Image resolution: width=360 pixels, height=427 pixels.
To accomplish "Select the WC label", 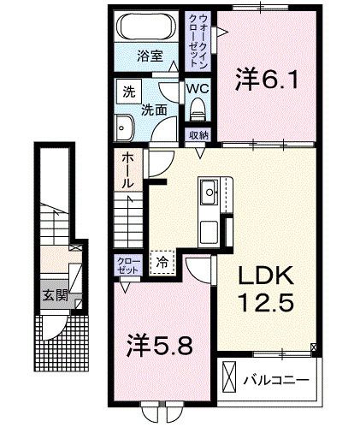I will [x=198, y=88].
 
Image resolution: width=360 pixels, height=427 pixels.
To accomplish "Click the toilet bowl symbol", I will [x=198, y=108].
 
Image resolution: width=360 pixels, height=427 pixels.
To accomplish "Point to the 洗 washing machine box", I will [x=127, y=92].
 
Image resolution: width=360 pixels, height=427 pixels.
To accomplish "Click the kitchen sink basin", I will [x=208, y=194].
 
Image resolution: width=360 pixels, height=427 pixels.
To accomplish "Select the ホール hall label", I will [x=127, y=170].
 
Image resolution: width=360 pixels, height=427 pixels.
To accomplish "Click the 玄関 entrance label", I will [x=56, y=299].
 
